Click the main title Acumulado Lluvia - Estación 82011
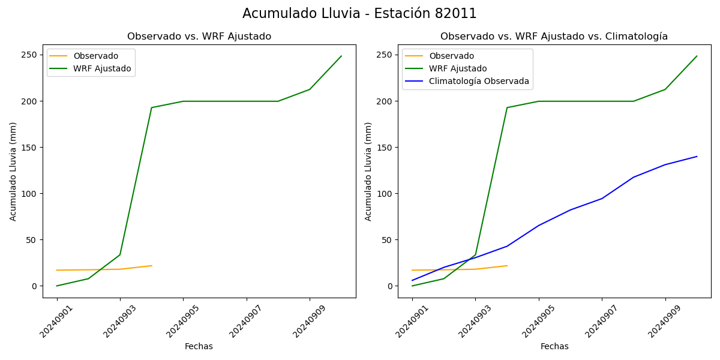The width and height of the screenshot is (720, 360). (x=359, y=13)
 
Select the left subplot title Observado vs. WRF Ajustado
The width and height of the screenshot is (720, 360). (x=199, y=37)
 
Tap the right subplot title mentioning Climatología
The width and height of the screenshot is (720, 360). (x=554, y=37)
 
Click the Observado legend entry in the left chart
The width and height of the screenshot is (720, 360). (x=95, y=56)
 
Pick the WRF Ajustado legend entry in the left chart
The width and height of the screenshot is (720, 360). (x=102, y=68)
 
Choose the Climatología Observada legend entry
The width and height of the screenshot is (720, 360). (x=479, y=82)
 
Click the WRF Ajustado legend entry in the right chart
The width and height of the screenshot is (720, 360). (x=458, y=68)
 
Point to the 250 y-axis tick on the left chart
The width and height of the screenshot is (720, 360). (x=31, y=55)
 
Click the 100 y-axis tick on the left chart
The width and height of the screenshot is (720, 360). (x=31, y=194)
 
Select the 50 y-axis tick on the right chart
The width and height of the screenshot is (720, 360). (x=388, y=240)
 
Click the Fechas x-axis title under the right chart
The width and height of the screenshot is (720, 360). (x=554, y=346)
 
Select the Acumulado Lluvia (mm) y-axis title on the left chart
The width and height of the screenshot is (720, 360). (x=14, y=171)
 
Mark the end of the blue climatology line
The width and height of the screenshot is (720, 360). (x=697, y=157)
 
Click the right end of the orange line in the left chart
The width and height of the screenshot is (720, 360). (x=152, y=266)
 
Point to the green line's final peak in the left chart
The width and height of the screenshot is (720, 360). (x=341, y=56)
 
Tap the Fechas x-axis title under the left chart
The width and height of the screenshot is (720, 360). (x=199, y=346)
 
